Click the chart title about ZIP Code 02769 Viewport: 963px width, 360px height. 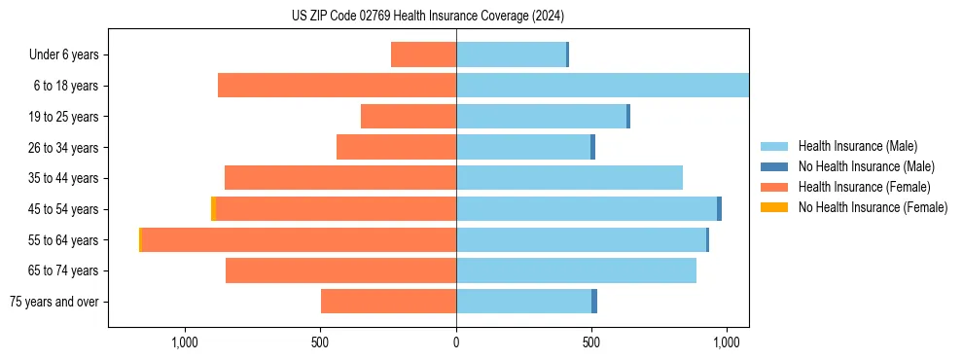pyautogui.click(x=428, y=16)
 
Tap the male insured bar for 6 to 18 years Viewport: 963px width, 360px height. pyautogui.click(x=602, y=86)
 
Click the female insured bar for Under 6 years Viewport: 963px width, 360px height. pyautogui.click(x=423, y=54)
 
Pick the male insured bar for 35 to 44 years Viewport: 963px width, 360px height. pyautogui.click(x=569, y=178)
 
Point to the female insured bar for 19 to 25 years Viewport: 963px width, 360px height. pyautogui.click(x=409, y=117)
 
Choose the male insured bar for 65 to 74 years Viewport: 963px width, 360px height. pyautogui.click(x=576, y=270)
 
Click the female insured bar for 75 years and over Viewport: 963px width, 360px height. pyautogui.click(x=388, y=302)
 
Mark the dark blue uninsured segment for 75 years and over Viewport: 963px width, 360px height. pyautogui.click(x=594, y=302)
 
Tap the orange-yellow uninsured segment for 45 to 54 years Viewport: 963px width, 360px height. pyautogui.click(x=213, y=209)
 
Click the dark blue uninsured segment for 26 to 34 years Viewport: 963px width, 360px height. pyautogui.click(x=592, y=147)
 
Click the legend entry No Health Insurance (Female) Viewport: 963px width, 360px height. pyautogui.click(x=872, y=207)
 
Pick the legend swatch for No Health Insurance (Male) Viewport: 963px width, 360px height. pyautogui.click(x=773, y=166)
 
